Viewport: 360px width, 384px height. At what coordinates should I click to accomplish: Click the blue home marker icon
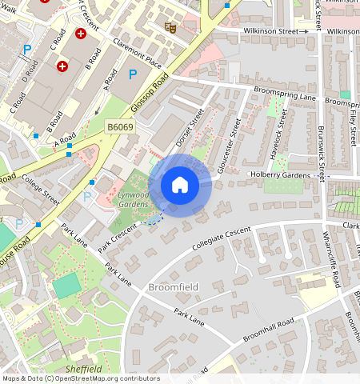(x=180, y=185)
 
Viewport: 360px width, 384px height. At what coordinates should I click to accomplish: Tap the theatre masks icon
(x=169, y=26)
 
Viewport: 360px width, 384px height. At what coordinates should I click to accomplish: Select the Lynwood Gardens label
(x=133, y=199)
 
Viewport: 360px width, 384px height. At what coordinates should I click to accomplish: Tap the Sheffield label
(x=84, y=369)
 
